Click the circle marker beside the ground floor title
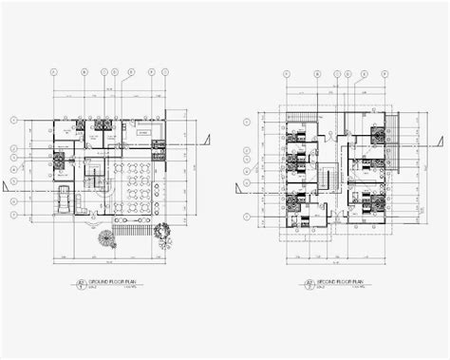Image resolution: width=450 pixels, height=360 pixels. click(81, 284)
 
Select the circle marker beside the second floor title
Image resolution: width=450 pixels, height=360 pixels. click(310, 284)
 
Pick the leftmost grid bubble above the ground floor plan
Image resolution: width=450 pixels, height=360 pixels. click(54, 71)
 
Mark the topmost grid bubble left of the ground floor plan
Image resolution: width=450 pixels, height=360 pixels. click(13, 121)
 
